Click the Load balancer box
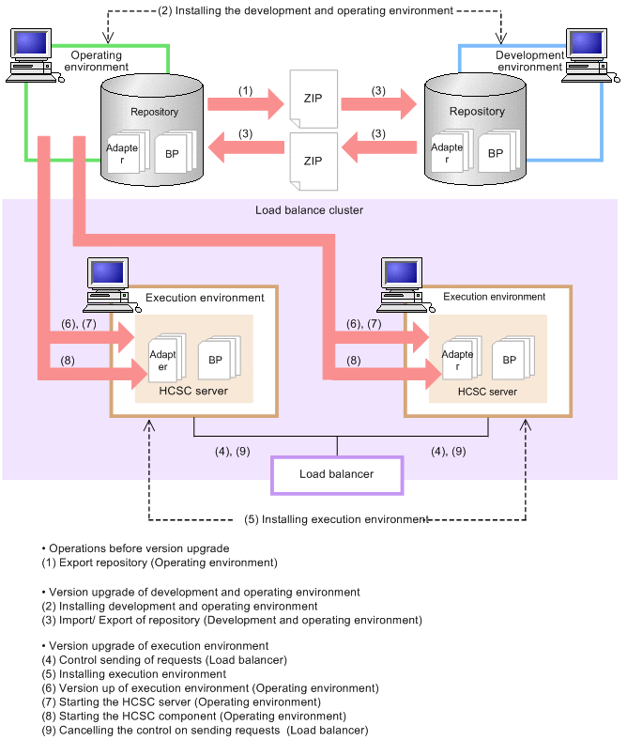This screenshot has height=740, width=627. (x=337, y=475)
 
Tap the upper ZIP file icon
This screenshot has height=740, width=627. (x=313, y=99)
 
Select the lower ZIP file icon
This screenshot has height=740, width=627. (x=313, y=162)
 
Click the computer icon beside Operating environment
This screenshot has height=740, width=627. (x=34, y=55)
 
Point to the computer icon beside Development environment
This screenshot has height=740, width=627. (x=590, y=55)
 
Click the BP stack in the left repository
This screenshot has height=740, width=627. (x=176, y=151)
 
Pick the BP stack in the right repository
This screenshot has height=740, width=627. (x=498, y=151)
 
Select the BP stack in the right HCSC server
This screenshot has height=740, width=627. (x=513, y=357)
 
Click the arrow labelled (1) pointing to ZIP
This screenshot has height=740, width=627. (x=246, y=104)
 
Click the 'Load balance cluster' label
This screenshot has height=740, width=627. (x=309, y=210)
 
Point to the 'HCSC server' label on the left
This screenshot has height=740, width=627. (x=193, y=391)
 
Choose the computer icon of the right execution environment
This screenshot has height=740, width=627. (x=405, y=285)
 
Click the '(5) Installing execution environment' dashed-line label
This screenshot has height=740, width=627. (x=336, y=519)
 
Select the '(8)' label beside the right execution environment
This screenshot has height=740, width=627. (x=354, y=361)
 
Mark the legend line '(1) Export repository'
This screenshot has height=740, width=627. (x=160, y=563)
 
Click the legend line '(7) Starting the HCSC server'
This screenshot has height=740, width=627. (x=181, y=701)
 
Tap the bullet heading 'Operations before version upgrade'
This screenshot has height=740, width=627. (x=135, y=548)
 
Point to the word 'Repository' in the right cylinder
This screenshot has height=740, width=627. (x=477, y=112)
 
